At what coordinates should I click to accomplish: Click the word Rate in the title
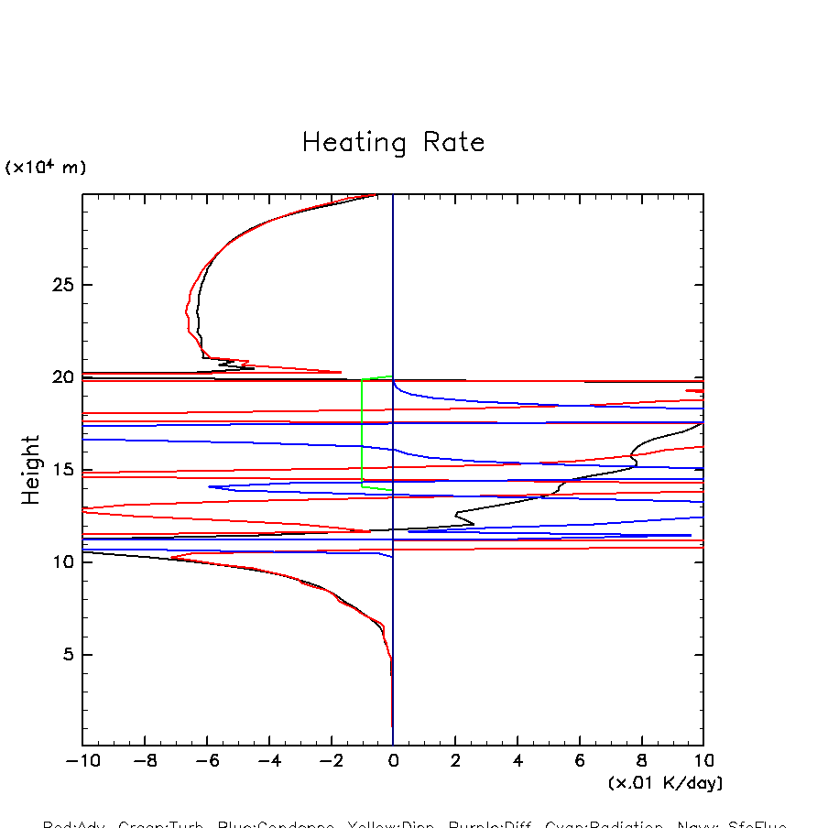453,143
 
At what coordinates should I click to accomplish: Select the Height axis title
32,470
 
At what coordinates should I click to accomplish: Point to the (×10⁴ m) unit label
46,168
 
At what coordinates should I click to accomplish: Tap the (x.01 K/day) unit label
665,783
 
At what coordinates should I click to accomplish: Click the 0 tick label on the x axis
393,761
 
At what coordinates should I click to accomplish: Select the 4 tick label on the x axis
517,761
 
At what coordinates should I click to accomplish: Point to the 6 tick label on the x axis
580,761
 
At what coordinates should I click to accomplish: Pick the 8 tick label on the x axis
642,761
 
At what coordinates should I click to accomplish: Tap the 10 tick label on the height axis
60,562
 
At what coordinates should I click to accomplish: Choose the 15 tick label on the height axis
60,470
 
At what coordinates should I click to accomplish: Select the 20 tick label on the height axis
60,377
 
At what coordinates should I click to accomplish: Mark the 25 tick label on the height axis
60,285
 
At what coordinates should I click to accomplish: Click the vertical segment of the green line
362,430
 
